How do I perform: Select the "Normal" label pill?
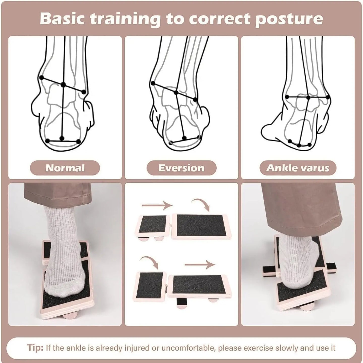[x=65, y=168]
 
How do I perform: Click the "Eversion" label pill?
[x=181, y=168]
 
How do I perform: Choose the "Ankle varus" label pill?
[x=298, y=168]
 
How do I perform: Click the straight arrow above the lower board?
[x=200, y=264]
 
